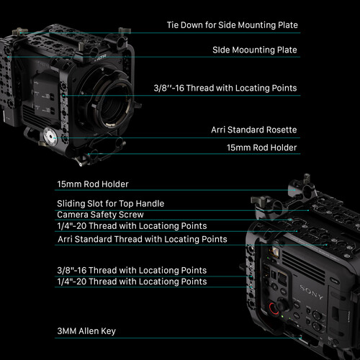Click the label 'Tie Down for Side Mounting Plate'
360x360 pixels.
[233, 25]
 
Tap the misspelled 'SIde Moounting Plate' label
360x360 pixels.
[255, 50]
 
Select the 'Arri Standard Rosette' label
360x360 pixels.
[254, 130]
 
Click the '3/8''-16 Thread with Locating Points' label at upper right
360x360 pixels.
[225, 88]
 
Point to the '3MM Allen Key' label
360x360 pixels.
[86, 331]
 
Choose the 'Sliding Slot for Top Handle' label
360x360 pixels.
[111, 204]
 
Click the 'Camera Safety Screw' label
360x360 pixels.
[100, 215]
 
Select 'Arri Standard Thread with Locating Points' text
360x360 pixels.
[143, 239]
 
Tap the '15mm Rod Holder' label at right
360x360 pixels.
[262, 148]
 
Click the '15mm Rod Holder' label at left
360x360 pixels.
[93, 184]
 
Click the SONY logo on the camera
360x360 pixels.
[312, 292]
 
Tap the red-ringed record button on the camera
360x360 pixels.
[273, 308]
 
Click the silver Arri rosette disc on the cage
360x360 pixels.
[50, 137]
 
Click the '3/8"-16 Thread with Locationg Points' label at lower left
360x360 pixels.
[132, 271]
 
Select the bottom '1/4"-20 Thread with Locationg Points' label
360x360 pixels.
[132, 282]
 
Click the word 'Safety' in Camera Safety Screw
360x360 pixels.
[104, 215]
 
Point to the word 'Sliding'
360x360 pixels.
[71, 204]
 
